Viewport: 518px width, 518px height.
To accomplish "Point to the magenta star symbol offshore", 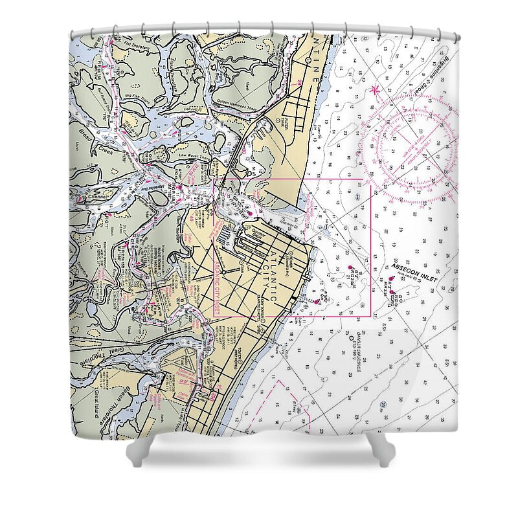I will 375,89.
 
